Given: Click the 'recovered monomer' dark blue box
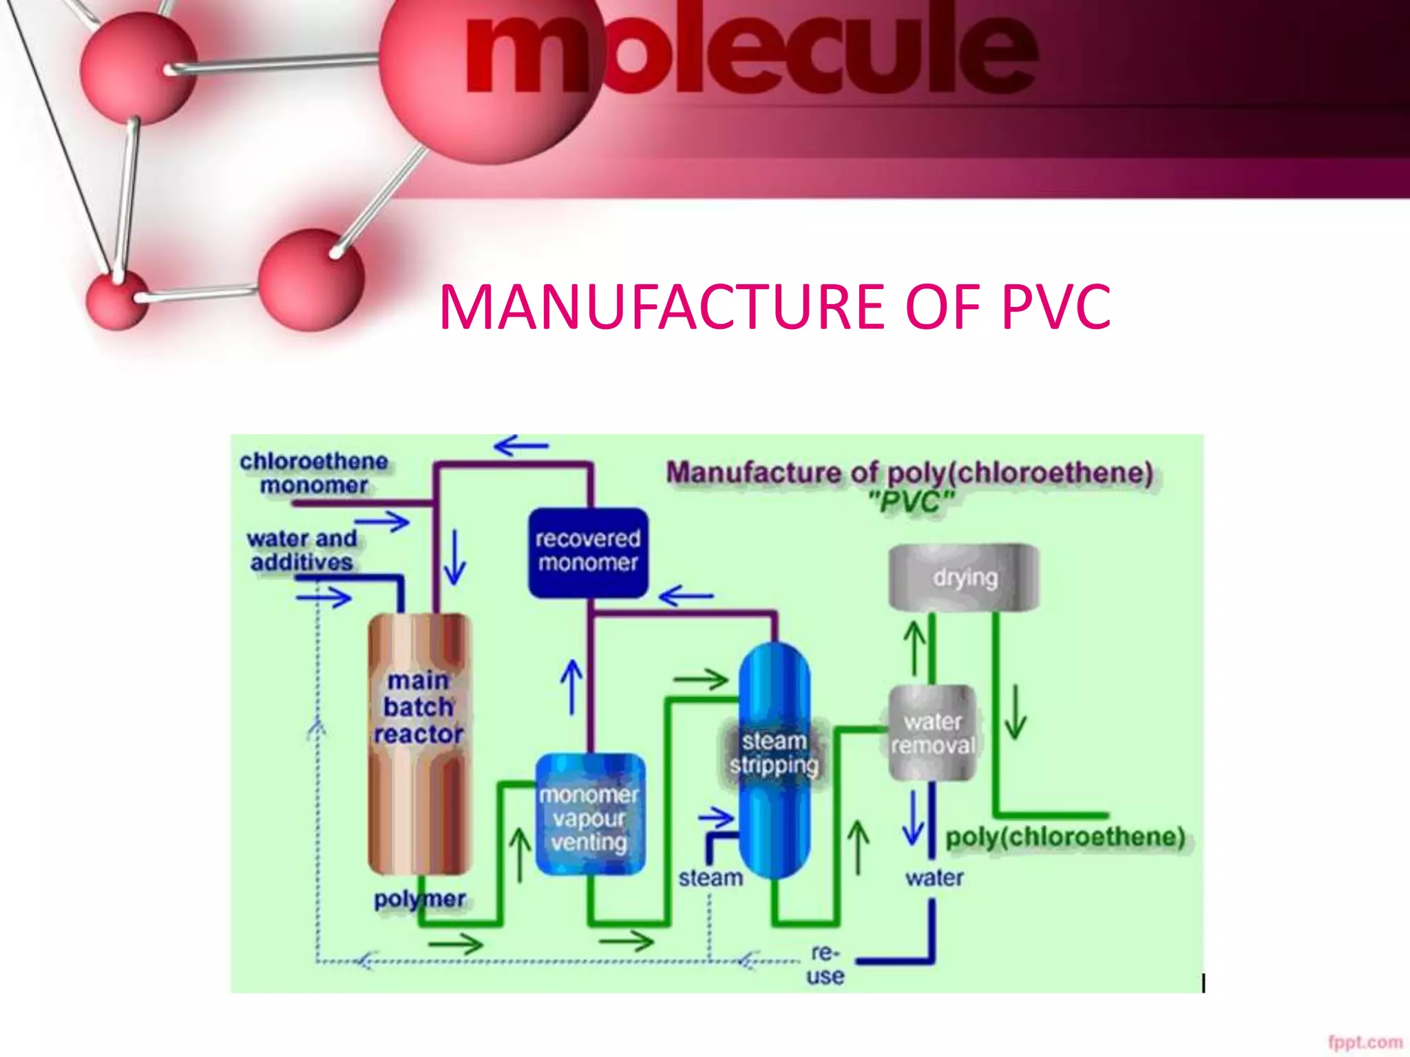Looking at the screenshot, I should click(x=588, y=552).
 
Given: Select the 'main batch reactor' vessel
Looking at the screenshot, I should click(x=419, y=743).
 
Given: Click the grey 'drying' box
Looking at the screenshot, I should click(x=964, y=577).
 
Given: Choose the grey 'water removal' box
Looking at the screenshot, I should click(x=932, y=733).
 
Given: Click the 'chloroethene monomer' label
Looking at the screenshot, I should click(x=313, y=473).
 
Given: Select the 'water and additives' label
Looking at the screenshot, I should click(x=302, y=550).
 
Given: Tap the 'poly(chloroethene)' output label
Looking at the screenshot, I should click(x=1065, y=837).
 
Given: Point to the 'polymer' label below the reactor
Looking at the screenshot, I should click(x=419, y=899).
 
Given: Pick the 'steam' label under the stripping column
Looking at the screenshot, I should click(x=711, y=878).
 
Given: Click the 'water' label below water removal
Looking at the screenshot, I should click(x=934, y=878).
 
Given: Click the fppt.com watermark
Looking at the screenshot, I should click(x=1365, y=1042).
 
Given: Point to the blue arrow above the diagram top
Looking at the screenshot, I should click(x=522, y=446).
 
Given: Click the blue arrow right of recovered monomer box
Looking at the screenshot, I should click(x=686, y=595).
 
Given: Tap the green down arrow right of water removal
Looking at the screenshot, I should click(x=1016, y=712).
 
